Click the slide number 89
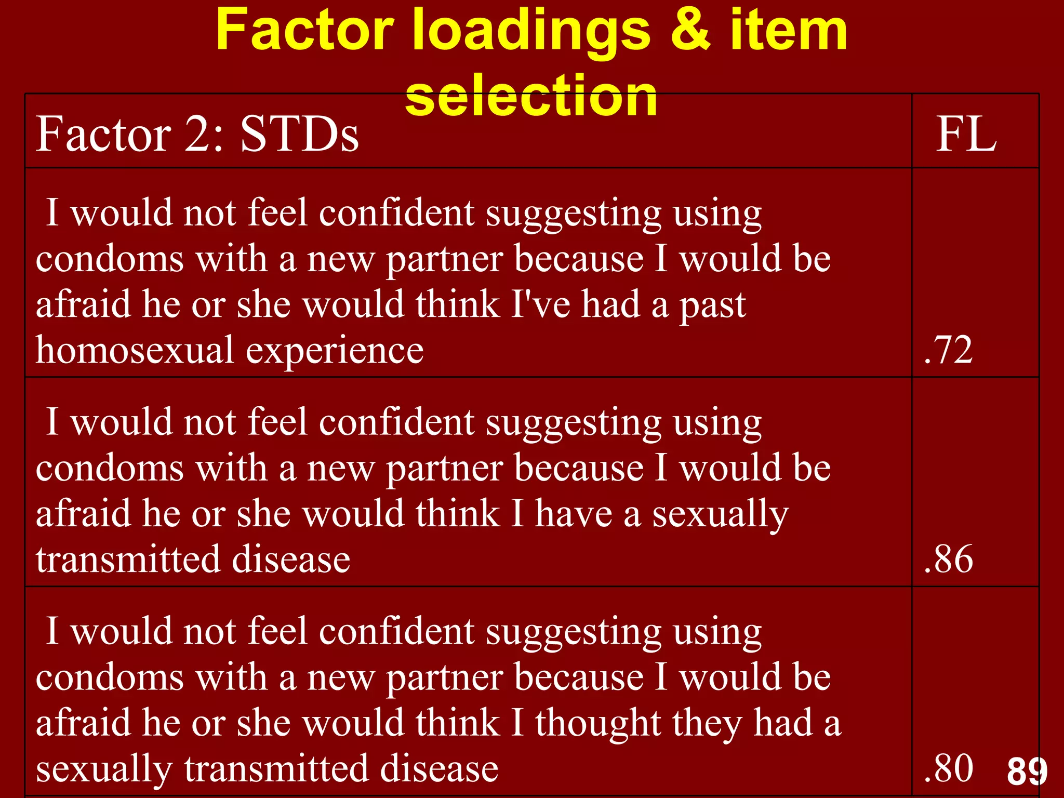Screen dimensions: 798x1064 (x=1027, y=771)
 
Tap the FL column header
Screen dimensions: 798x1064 (x=966, y=134)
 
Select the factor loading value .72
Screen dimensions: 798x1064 (x=949, y=350)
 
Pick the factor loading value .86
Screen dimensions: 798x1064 (x=949, y=559)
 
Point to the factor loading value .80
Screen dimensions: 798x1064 (x=949, y=768)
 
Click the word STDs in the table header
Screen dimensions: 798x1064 (x=299, y=134)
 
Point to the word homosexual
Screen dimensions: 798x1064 (x=135, y=350)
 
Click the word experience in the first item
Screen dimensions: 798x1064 (x=335, y=351)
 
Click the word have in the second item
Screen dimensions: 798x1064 (x=574, y=513)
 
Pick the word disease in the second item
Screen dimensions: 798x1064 (x=291, y=559)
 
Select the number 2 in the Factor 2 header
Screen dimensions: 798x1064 (x=197, y=134)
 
